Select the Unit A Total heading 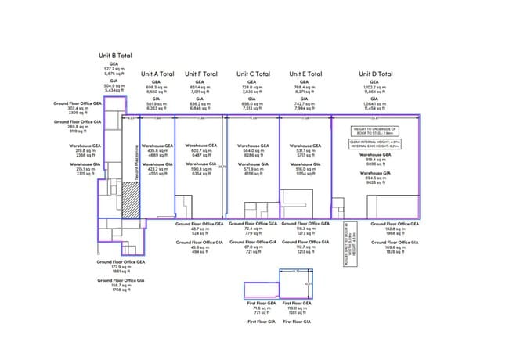click(158, 74)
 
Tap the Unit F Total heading click(202, 74)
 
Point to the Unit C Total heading click(251, 74)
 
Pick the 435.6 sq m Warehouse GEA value click(158, 149)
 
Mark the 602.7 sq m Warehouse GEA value click(202, 149)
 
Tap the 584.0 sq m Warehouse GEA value click(251, 149)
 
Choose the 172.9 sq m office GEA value click(121, 268)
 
